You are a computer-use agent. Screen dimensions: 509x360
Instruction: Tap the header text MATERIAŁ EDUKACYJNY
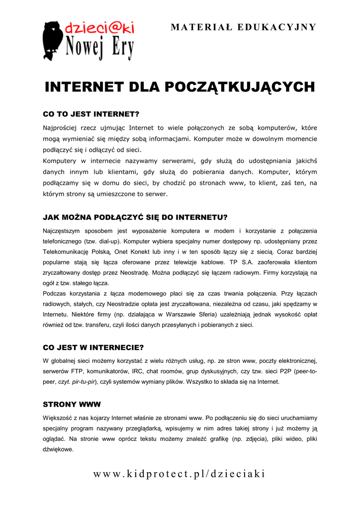[x=243, y=27]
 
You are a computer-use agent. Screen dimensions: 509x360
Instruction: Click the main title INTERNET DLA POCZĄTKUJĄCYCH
[x=180, y=87]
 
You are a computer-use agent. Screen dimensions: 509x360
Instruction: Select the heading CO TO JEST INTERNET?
[x=91, y=114]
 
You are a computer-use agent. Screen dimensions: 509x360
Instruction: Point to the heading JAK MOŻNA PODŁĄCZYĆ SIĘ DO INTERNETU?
[x=135, y=217]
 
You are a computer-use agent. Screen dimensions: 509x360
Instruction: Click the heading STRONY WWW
[x=72, y=404]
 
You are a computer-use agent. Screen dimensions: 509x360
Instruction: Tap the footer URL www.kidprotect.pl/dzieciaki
[x=180, y=474]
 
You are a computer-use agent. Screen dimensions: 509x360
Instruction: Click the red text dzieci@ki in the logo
[x=99, y=28]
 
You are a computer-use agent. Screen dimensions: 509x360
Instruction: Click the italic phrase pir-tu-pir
[x=85, y=382]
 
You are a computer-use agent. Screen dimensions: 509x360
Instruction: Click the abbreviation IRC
[x=138, y=371]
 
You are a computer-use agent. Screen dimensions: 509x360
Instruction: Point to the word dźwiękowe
[x=58, y=449]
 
